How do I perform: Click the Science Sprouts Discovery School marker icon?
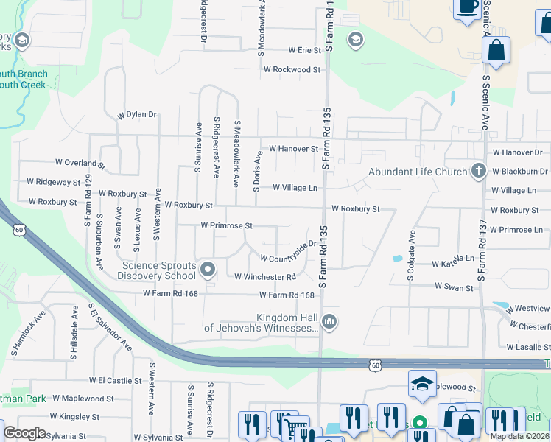pyautogui.click(x=207, y=270)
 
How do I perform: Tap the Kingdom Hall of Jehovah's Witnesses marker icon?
pyautogui.click(x=329, y=320)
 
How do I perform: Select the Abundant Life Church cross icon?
pyautogui.click(x=479, y=172)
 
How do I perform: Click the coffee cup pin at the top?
pyautogui.click(x=467, y=7)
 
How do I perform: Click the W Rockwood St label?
pyautogui.click(x=292, y=70)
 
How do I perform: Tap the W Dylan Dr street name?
pyautogui.click(x=137, y=115)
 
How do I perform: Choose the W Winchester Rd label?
pyautogui.click(x=265, y=277)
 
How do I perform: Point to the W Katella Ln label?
pyautogui.click(x=453, y=262)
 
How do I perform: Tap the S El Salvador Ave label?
pyautogui.click(x=110, y=326)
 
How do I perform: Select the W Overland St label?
pyautogui.click(x=80, y=162)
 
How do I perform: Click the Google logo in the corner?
pyautogui.click(x=24, y=432)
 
